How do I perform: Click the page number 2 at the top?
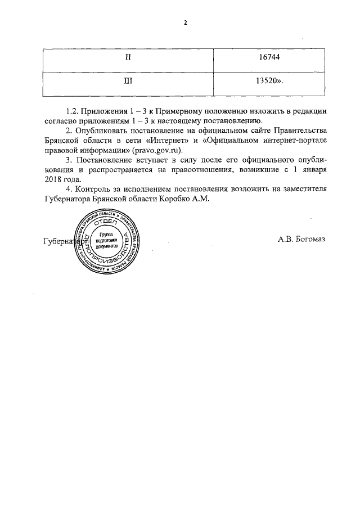[185, 23]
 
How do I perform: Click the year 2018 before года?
[52, 179]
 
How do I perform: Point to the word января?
[312, 169]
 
